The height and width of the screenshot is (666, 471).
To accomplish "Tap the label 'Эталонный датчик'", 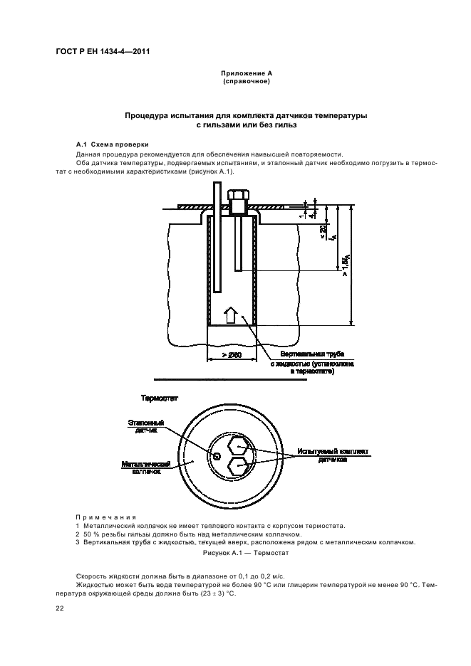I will (147, 427).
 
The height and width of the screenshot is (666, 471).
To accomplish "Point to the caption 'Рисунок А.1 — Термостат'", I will (235, 552).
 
